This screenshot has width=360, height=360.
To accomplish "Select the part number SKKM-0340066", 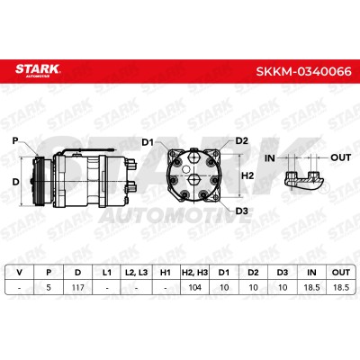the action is click(303, 71).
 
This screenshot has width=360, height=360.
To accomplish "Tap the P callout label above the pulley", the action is click(15, 140).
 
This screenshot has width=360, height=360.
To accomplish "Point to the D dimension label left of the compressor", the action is click(16, 182).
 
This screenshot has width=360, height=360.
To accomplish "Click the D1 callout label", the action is click(148, 142).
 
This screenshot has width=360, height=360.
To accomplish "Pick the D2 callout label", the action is click(242, 140).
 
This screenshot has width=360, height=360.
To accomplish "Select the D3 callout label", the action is click(242, 211).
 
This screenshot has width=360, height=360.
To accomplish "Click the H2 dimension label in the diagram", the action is click(247, 175).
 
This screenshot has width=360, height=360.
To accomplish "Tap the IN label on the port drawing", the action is click(270, 157).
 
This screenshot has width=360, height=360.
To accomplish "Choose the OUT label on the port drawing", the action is click(340, 157).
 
